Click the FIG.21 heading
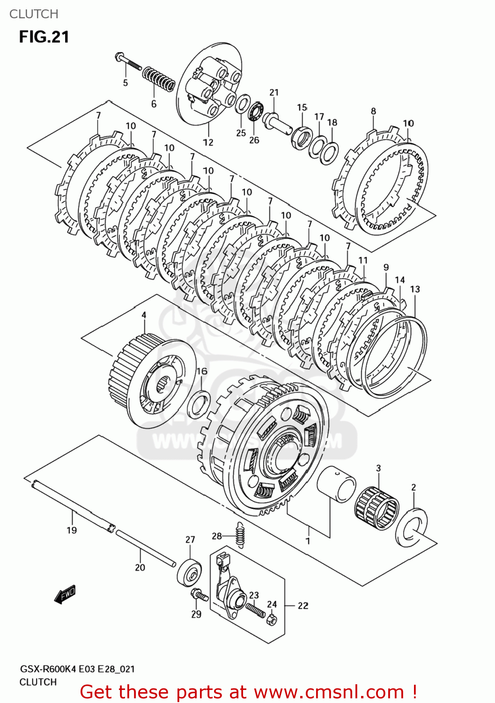(44, 37)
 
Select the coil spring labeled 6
(159, 79)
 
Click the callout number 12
(208, 142)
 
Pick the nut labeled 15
(300, 137)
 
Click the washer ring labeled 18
(330, 153)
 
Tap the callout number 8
(373, 111)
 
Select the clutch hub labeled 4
(151, 380)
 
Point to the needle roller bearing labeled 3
(377, 508)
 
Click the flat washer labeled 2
(412, 526)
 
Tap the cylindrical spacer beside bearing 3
(336, 485)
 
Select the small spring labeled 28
(240, 534)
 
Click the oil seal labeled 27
(190, 572)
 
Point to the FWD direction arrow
(65, 595)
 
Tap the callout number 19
(72, 530)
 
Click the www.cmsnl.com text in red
(329, 692)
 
